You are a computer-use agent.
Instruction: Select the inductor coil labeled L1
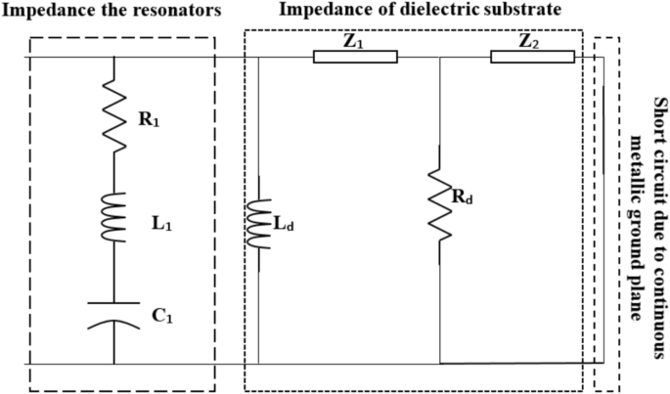click(x=115, y=218)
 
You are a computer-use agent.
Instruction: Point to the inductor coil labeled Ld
click(x=258, y=223)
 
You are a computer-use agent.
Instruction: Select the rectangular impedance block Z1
click(x=355, y=57)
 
